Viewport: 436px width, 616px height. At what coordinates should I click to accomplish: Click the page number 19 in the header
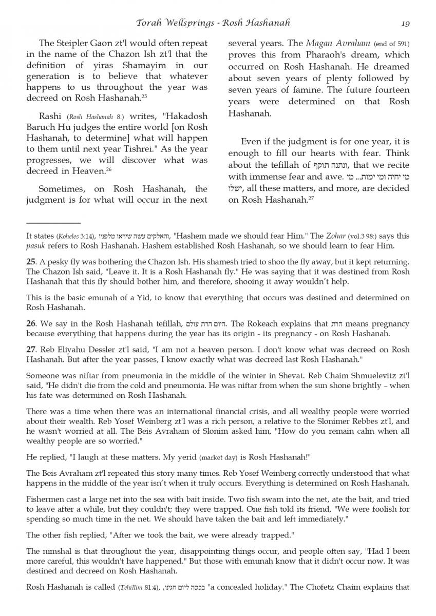(405, 23)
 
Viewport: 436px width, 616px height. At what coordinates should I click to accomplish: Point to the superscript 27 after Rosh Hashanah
(311, 198)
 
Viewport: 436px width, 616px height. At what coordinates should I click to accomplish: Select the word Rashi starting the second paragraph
(50, 116)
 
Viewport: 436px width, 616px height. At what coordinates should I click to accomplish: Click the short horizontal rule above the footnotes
(53, 223)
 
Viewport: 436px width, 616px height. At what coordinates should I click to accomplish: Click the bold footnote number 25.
(31, 262)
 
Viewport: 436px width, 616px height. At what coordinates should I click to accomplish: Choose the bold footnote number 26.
(31, 324)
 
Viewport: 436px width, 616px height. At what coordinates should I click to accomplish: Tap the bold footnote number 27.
(31, 350)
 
